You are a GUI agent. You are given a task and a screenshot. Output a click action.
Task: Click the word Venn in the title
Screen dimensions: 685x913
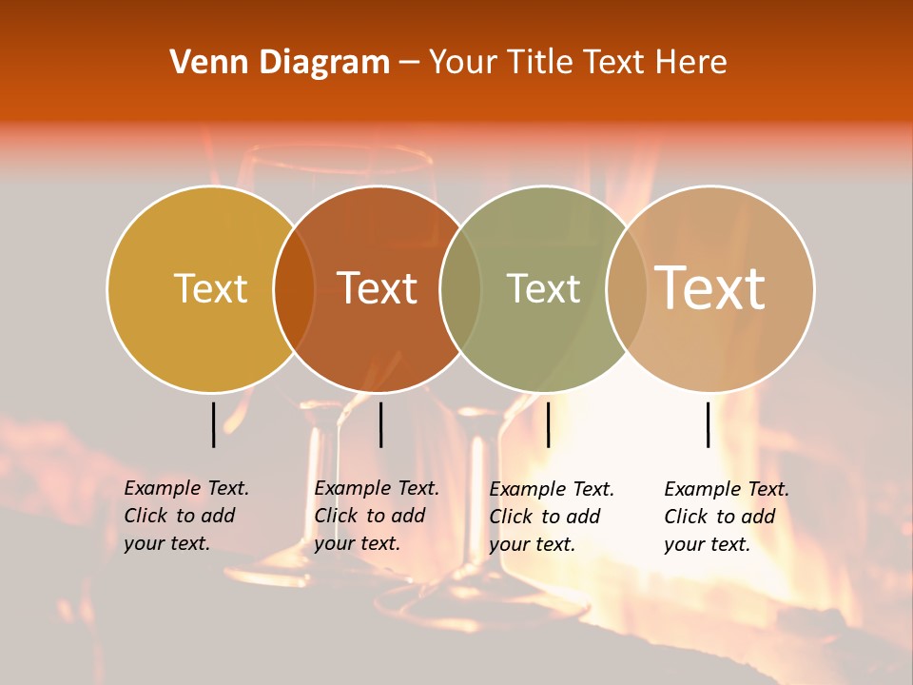[206, 63]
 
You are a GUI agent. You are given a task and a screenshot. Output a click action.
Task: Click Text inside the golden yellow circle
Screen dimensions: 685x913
[210, 288]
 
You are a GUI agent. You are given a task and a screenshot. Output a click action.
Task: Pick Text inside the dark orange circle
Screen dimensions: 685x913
[378, 288]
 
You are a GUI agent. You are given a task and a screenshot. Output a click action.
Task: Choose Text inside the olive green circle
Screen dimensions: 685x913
[543, 288]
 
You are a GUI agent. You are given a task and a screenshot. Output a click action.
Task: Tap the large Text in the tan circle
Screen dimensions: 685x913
[709, 287]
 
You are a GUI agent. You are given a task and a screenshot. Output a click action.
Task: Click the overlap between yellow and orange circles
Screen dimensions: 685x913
[294, 288]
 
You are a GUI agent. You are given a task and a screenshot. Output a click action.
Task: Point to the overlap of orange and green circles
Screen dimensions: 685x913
[460, 288]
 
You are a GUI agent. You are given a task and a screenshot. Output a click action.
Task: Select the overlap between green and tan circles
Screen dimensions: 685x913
[627, 288]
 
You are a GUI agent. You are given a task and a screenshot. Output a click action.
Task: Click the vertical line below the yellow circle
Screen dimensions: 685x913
[213, 424]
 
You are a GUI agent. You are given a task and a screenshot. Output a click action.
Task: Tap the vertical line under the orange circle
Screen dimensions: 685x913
[380, 424]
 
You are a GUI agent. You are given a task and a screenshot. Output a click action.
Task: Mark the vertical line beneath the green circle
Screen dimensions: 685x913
[548, 424]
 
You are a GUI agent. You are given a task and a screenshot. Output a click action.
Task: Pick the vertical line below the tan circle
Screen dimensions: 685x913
[709, 424]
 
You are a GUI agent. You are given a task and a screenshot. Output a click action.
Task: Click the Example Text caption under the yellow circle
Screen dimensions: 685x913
[185, 516]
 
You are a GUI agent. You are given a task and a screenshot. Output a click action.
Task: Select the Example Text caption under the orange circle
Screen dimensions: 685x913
[376, 516]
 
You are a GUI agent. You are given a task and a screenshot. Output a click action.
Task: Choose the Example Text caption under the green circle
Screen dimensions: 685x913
[551, 517]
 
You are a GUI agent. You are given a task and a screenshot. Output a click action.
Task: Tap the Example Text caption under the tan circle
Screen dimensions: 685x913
[726, 517]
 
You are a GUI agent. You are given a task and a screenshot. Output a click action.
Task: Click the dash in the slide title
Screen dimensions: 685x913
[409, 64]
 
